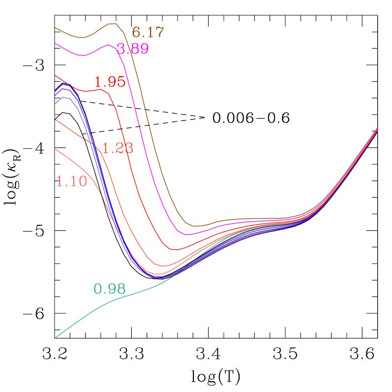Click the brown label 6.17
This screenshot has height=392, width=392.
pyautogui.click(x=148, y=33)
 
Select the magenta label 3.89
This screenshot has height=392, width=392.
pyautogui.click(x=133, y=49)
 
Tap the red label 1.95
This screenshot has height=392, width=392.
pyautogui.click(x=110, y=82)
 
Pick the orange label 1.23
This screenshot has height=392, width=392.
pyautogui.click(x=118, y=148)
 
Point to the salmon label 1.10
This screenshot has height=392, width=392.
pyautogui.click(x=72, y=181)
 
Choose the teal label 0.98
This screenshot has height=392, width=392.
pyautogui.click(x=110, y=289)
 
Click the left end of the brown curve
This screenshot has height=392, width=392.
pyautogui.click(x=55, y=28)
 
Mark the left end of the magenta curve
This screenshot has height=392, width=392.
pyautogui.click(x=55, y=43)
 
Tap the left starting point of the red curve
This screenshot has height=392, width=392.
pyautogui.click(x=55, y=75)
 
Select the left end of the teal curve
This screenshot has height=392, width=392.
pyautogui.click(x=55, y=338)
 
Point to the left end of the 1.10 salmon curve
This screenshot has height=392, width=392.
pyautogui.click(x=55, y=149)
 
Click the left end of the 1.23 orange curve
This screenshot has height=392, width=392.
pyautogui.click(x=55, y=120)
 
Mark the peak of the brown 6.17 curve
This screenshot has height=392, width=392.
pyautogui.click(x=112, y=23)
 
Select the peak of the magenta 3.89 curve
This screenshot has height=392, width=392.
pyautogui.click(x=108, y=45)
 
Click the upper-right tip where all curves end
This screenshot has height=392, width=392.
pyautogui.click(x=377, y=128)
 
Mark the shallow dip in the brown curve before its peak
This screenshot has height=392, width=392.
pyautogui.click(x=83, y=37)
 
